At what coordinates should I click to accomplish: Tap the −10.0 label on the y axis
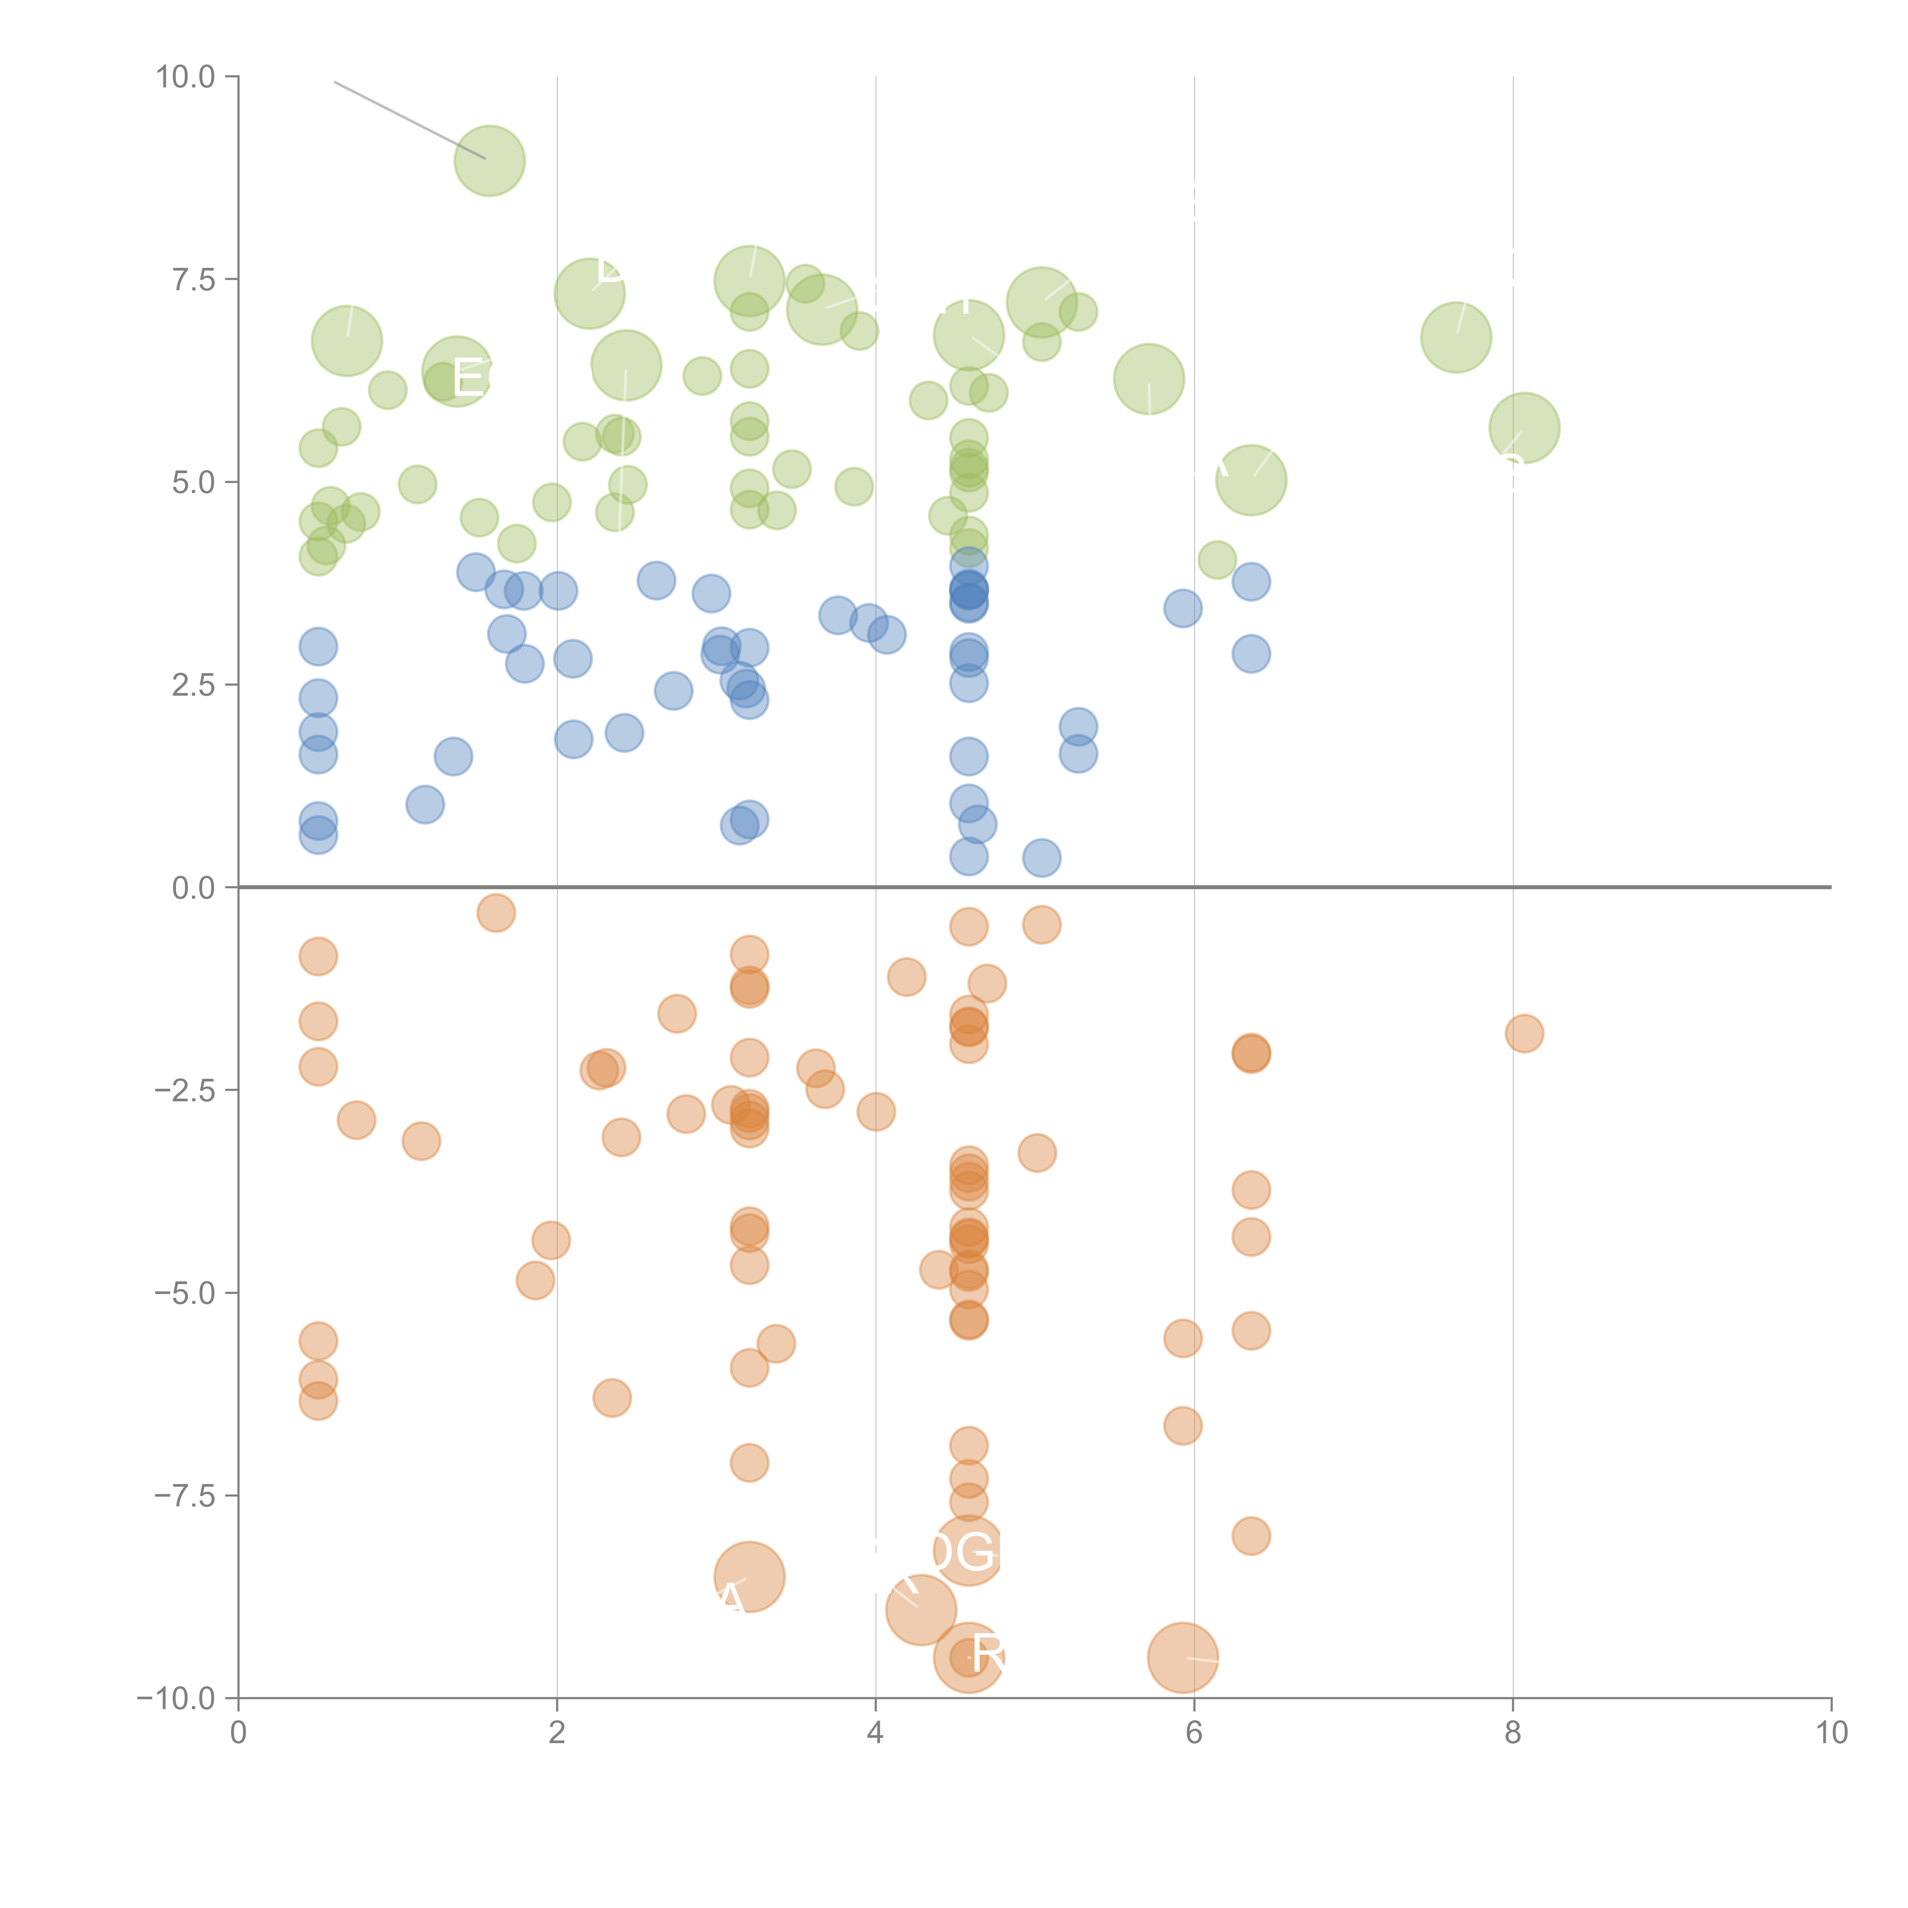tap(176, 1699)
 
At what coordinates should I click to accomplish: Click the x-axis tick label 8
tap(1513, 1733)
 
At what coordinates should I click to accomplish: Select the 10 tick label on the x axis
tap(1831, 1733)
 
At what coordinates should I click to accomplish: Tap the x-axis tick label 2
tap(557, 1733)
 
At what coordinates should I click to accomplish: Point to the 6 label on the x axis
tap(1194, 1733)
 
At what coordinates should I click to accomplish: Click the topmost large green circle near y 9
tap(489, 161)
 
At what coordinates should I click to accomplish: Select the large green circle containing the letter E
tap(456, 371)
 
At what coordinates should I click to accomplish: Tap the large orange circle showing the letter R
tap(969, 1657)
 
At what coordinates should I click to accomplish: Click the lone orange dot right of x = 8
tap(1524, 1034)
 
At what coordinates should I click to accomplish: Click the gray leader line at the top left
tap(409, 119)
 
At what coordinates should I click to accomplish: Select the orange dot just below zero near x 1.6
tap(496, 912)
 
